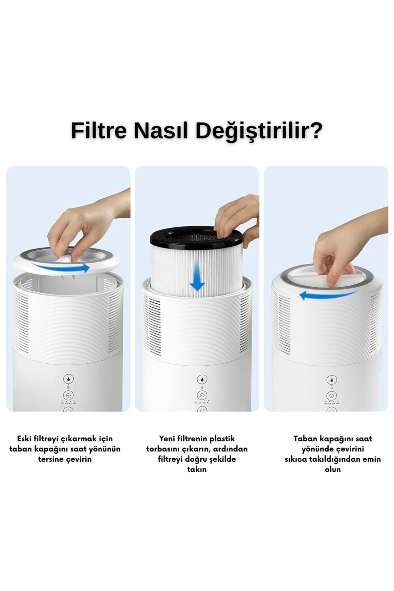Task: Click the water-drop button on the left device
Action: coord(68,379)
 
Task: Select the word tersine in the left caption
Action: coord(51,459)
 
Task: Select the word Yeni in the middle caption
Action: coord(168,439)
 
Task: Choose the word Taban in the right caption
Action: coord(304,439)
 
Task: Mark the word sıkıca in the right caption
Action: coord(296,459)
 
